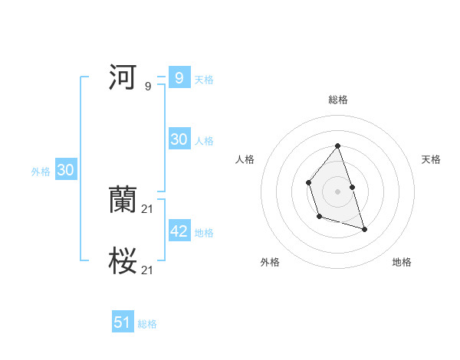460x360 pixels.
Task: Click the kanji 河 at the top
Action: click(123, 77)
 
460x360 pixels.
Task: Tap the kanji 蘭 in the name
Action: click(123, 199)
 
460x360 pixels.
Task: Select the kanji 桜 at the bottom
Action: click(123, 261)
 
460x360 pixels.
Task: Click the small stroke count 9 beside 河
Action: click(148, 87)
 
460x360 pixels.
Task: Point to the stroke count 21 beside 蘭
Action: click(148, 209)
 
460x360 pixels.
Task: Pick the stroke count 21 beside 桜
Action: click(148, 270)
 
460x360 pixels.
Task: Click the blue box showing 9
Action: click(179, 78)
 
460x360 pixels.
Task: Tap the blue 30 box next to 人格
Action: click(179, 139)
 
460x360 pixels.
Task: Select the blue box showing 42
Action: click(179, 231)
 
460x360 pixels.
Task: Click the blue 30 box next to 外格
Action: click(65, 171)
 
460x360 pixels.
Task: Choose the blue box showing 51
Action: click(123, 322)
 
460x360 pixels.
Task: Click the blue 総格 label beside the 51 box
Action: click(147, 324)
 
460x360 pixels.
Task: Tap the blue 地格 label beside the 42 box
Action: click(204, 233)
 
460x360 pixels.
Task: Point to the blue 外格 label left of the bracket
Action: click(41, 172)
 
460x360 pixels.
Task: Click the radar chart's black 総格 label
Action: click(337, 100)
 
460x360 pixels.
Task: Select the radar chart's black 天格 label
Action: click(431, 159)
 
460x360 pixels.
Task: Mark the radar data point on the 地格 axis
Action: click(364, 229)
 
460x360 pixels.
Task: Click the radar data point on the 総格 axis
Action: click(337, 146)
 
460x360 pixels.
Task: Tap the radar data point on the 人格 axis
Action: click(308, 182)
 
